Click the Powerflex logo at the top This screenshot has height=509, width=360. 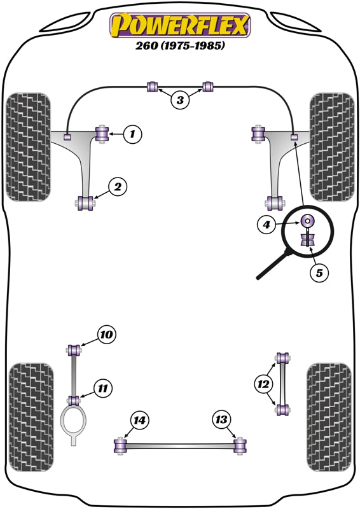tap(180, 26)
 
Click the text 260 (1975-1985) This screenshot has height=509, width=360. tap(180, 46)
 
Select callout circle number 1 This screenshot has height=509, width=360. tap(132, 134)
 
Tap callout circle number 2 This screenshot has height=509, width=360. tap(118, 186)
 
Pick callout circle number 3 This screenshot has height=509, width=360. tap(180, 99)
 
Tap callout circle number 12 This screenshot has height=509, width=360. tap(263, 384)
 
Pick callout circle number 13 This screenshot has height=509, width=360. tap(221, 419)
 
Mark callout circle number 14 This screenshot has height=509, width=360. tap(139, 419)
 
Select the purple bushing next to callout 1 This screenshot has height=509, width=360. tap(101, 134)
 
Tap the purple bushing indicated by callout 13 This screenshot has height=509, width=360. tap(240, 446)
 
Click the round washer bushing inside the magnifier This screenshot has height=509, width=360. tap(308, 221)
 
